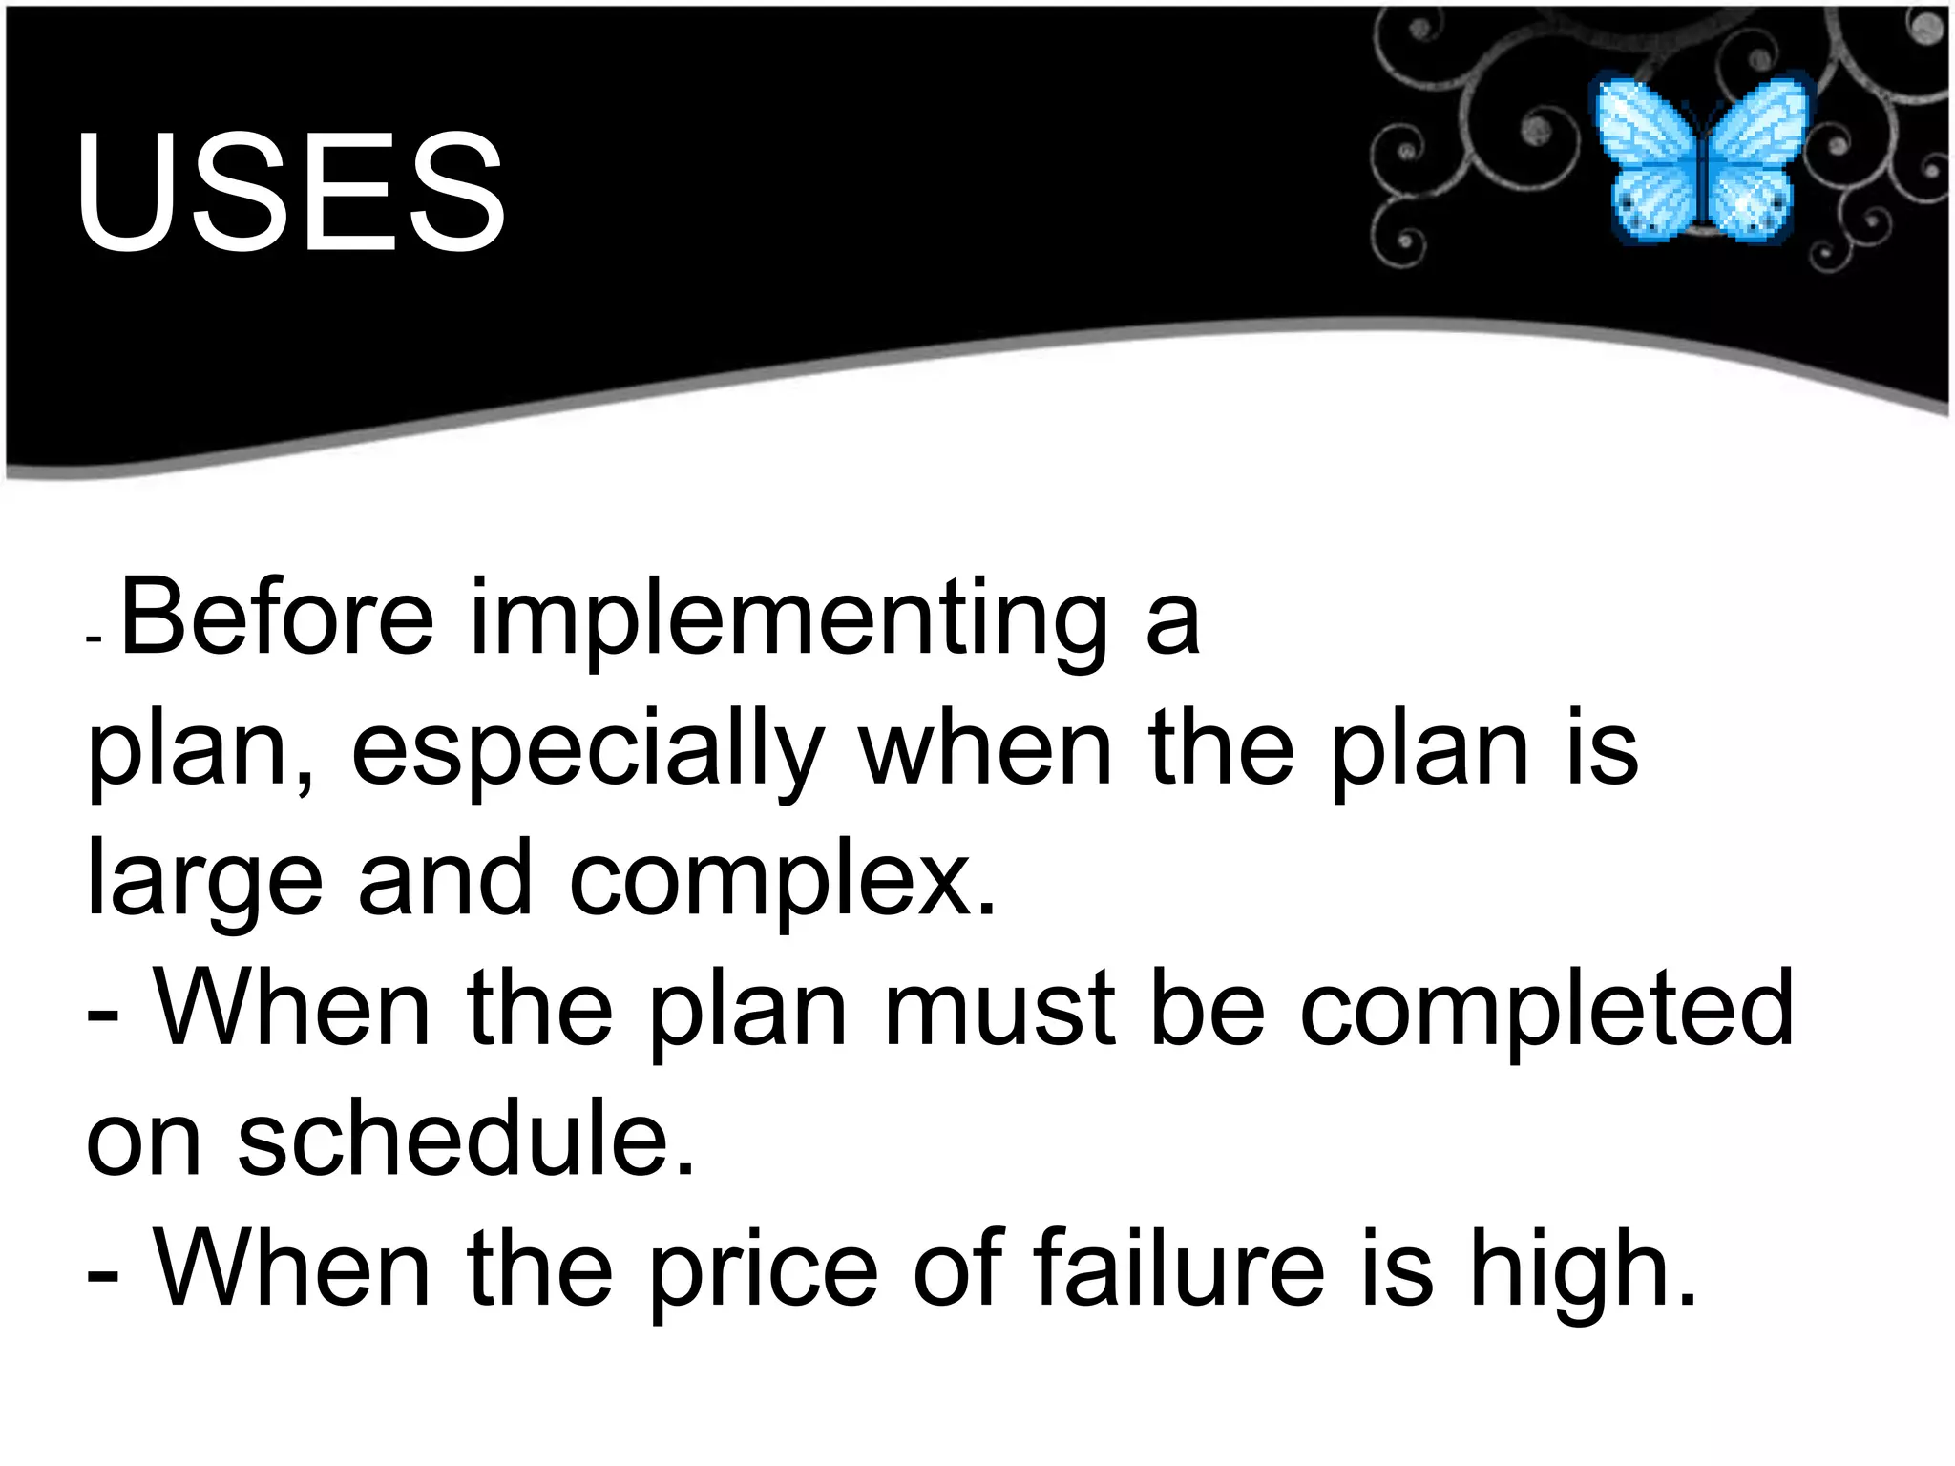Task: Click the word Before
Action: [x=278, y=618]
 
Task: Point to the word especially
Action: [x=588, y=754]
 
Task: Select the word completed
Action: [x=1546, y=1008]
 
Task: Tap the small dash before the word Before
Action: [x=93, y=639]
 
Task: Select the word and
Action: [x=445, y=878]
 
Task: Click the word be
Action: [x=1208, y=1008]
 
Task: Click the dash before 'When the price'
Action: [x=102, y=1275]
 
